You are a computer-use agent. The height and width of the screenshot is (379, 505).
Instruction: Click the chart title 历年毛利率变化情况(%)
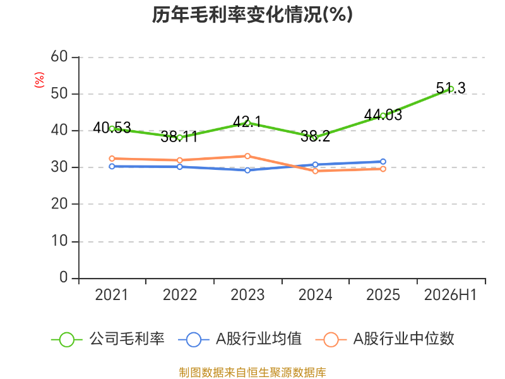tap(252, 15)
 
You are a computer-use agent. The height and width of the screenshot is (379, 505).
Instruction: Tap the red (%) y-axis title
tap(39, 80)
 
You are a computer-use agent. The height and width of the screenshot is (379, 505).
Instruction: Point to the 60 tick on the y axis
tap(59, 57)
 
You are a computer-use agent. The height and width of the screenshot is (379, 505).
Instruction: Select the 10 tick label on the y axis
tap(59, 241)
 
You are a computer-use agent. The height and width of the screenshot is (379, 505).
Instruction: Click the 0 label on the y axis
tap(64, 277)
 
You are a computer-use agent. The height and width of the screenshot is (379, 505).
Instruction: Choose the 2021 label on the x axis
tap(112, 295)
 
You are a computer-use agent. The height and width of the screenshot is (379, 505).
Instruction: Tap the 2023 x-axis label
tap(247, 295)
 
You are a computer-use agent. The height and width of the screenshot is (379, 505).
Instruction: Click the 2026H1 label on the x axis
tap(450, 295)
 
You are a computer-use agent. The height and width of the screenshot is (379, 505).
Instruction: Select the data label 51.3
tap(451, 88)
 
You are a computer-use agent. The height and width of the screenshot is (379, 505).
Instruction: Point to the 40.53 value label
tap(112, 128)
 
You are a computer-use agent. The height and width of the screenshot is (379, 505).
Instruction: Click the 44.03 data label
tap(383, 115)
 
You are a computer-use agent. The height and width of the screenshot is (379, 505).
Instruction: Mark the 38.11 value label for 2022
tap(179, 136)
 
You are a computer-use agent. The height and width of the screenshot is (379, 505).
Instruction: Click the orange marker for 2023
tap(247, 156)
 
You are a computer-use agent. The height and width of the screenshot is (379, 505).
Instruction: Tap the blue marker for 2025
tap(383, 162)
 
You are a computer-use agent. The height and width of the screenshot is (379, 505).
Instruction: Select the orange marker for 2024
tap(315, 171)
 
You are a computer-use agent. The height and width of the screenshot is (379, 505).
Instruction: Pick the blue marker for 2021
tap(112, 166)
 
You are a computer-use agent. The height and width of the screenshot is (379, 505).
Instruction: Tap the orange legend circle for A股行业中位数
tap(331, 340)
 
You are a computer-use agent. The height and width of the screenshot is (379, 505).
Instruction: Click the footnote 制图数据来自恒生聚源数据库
tap(252, 373)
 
